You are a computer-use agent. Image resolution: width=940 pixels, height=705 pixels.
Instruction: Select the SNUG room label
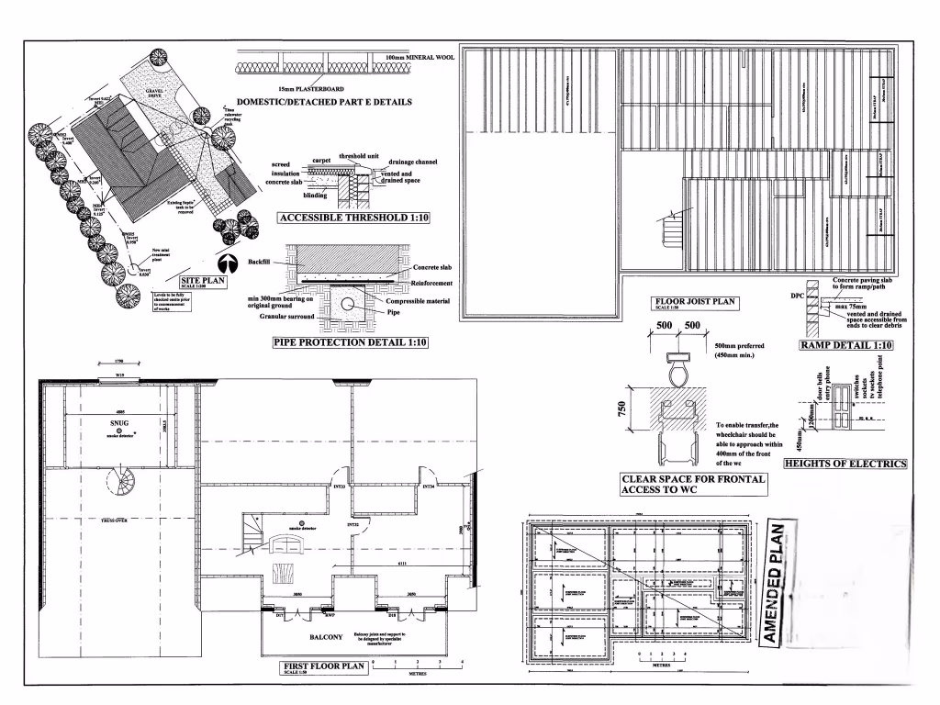(118, 423)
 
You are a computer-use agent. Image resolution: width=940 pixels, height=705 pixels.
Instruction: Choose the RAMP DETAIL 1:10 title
(845, 346)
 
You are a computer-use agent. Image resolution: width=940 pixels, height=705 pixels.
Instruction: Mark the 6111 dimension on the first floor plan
(402, 565)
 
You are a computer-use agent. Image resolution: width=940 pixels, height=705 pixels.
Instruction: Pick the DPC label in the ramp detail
(797, 297)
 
